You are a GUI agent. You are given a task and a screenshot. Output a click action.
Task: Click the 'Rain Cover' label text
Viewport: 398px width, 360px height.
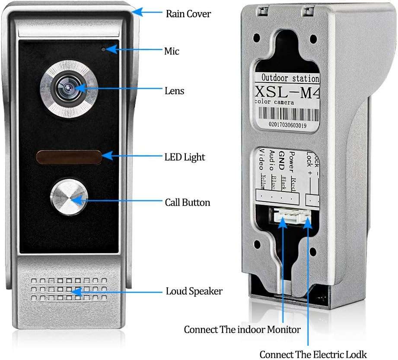(x=188, y=14)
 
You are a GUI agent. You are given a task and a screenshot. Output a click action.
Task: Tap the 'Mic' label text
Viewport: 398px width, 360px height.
(x=172, y=51)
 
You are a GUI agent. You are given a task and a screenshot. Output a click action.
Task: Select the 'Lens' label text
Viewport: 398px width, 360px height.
(x=174, y=91)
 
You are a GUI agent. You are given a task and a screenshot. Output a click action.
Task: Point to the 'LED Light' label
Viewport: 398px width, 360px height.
(x=185, y=157)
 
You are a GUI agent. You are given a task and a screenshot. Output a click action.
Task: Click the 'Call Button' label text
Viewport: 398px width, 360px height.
(x=188, y=202)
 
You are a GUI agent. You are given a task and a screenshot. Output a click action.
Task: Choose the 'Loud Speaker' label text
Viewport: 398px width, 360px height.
(x=194, y=291)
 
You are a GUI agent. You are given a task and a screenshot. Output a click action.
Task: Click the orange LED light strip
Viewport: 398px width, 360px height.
(x=69, y=157)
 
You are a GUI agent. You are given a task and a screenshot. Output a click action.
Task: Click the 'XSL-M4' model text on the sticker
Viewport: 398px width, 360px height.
(x=288, y=92)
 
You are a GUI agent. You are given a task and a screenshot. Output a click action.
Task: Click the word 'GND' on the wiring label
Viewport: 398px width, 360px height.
(x=282, y=161)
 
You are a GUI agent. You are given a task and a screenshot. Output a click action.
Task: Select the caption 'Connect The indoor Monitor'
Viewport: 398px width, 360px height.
(x=242, y=330)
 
